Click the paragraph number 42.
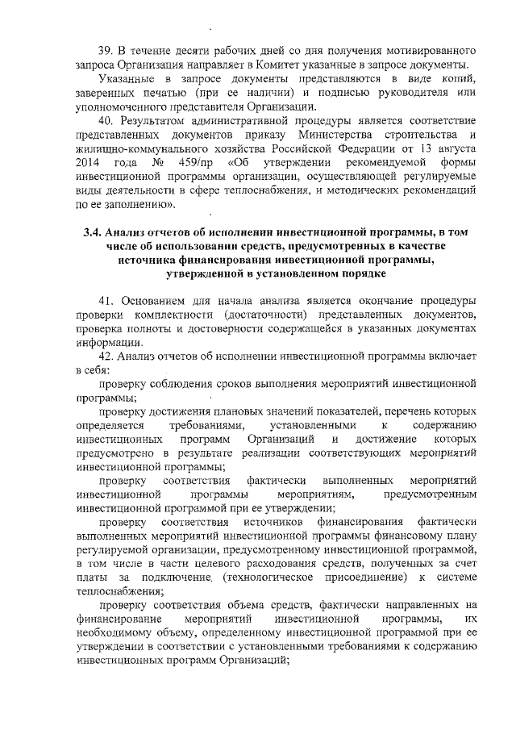point(106,357)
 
